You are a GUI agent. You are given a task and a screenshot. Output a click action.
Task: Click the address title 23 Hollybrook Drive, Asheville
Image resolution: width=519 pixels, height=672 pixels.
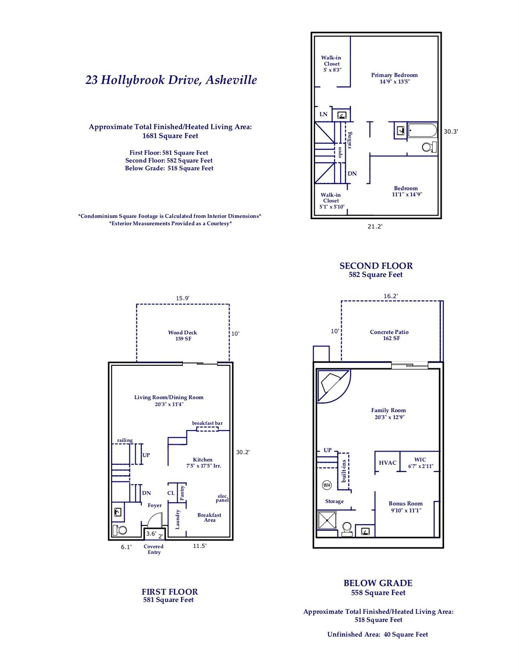tap(171, 80)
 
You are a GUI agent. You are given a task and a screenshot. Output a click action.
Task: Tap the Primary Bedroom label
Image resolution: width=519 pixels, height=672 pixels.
tap(394, 78)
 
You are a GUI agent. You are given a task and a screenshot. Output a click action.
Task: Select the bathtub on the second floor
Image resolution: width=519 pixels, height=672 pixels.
tap(422, 131)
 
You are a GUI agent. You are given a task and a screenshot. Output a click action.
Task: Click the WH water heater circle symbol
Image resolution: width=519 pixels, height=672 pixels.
tap(327, 485)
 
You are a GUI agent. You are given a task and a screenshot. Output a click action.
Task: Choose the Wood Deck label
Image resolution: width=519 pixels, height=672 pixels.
tap(182, 336)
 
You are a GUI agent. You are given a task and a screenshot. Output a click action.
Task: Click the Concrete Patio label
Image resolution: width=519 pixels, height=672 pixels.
tap(389, 335)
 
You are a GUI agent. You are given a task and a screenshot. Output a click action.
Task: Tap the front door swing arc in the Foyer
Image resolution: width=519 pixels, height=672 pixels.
tap(154, 520)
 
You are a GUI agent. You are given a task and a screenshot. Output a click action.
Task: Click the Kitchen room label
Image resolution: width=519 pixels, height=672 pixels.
tap(203, 462)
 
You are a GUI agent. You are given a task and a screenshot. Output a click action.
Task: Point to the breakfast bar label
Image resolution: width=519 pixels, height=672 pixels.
tap(207, 423)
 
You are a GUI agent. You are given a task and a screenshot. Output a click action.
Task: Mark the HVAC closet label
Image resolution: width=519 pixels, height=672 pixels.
tap(387, 463)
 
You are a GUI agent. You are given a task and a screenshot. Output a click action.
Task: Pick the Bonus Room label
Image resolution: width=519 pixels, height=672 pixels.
tap(406, 507)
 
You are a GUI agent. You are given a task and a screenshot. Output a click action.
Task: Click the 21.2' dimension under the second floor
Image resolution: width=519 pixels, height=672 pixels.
tap(375, 227)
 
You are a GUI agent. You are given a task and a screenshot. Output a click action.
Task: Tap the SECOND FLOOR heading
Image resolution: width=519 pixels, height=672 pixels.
tap(376, 266)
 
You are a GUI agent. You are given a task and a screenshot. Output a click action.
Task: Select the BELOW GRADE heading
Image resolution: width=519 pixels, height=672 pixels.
tap(378, 583)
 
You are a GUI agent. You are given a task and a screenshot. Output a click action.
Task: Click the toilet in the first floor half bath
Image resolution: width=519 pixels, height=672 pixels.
tap(120, 530)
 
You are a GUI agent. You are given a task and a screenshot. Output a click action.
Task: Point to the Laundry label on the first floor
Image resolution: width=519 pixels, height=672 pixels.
tap(178, 519)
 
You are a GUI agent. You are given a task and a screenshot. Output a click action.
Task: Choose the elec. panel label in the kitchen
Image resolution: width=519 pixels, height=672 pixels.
tap(223, 498)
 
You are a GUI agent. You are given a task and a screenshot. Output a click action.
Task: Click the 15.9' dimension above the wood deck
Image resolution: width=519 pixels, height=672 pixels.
tap(182, 298)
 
